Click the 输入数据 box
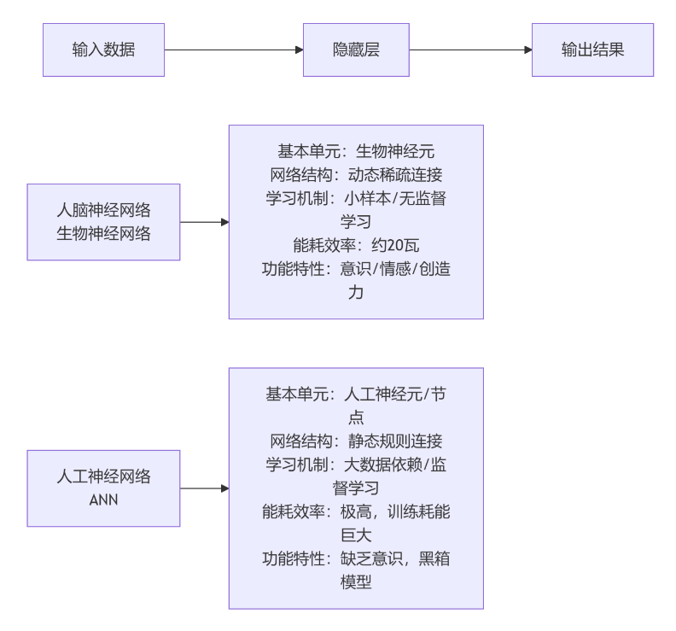coord(103,50)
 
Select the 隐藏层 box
coord(356,50)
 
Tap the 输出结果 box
coord(593,50)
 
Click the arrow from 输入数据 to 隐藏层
coord(234,50)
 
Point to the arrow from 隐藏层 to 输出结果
coord(471,50)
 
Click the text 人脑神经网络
coord(103,211)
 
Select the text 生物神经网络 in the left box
coord(103,234)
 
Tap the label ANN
coord(103,500)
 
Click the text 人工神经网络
coord(103,476)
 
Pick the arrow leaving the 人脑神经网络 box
coord(204,222)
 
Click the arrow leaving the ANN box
coord(204,488)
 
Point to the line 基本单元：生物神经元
coord(356,151)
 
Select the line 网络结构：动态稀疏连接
coord(356,175)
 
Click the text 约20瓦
coord(395,245)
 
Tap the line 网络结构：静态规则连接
coord(356,441)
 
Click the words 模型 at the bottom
coord(356,582)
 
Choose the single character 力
coord(356,292)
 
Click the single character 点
coord(356,418)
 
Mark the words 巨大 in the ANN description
coord(356,535)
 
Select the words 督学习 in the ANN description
coord(356,488)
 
